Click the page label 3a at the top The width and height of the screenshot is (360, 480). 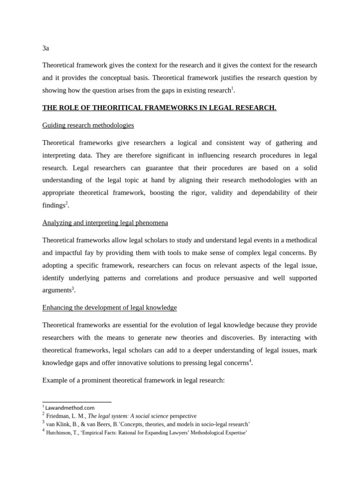45,48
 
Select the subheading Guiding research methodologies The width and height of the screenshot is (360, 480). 88,125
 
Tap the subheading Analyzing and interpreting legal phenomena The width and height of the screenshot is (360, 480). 105,223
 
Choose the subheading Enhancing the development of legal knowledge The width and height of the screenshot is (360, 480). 109,307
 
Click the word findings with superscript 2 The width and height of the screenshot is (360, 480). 53,205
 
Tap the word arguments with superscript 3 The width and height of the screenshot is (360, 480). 56,291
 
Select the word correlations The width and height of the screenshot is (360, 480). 161,278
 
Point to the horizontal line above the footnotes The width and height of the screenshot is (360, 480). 77,402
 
